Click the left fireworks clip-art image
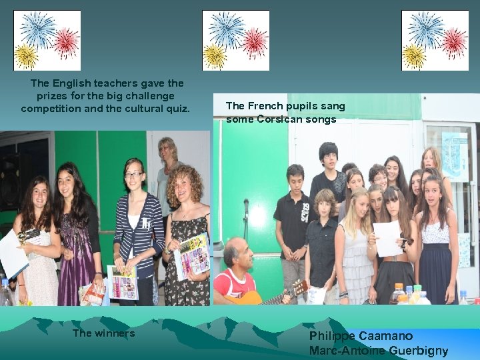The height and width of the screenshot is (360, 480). click(x=47, y=40)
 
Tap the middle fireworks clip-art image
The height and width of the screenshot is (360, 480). click(x=235, y=40)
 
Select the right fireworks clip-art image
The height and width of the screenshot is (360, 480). click(x=435, y=40)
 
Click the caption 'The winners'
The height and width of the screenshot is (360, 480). click(x=103, y=333)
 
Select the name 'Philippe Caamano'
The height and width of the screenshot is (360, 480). click(x=361, y=336)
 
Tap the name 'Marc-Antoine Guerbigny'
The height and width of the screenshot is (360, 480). click(x=378, y=351)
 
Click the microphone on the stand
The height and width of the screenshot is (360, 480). click(x=246, y=204)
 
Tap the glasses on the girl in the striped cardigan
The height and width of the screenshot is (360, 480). click(x=133, y=175)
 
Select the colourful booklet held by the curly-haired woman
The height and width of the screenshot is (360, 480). click(x=193, y=256)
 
